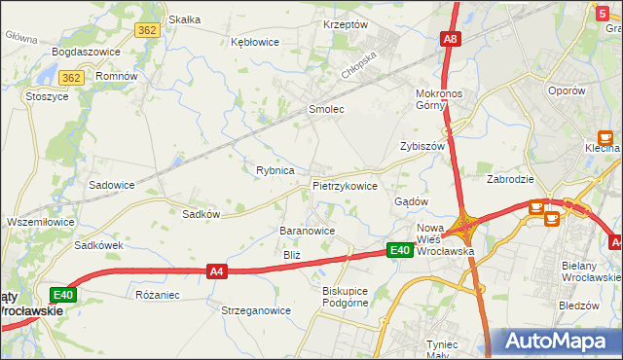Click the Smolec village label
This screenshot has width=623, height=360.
coord(326,110)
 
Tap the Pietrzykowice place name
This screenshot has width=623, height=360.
coord(345,185)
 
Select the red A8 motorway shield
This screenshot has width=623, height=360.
coord(449,40)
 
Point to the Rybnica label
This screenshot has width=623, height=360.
coord(275,170)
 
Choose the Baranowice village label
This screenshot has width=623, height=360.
coord(308,231)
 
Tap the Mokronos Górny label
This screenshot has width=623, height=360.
coord(444,99)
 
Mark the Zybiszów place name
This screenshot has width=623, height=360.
coord(421,146)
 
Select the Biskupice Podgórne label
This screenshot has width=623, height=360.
coord(348,296)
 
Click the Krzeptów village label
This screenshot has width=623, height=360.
coord(345,24)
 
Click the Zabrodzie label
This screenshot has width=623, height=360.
coord(510,179)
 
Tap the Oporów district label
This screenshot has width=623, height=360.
coord(566,90)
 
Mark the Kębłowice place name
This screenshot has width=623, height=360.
coord(255,42)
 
